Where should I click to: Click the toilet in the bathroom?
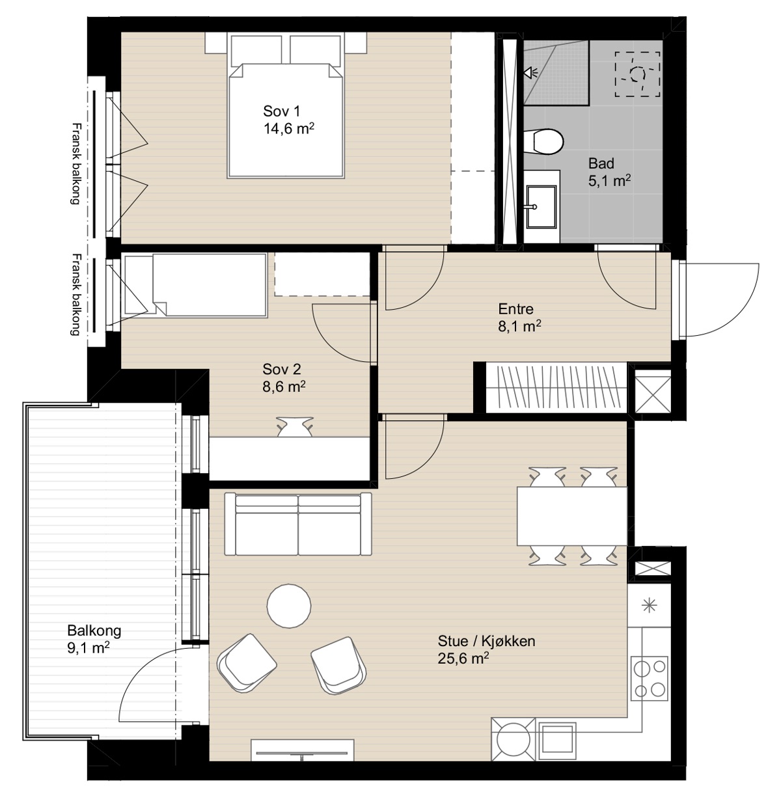point(543,142)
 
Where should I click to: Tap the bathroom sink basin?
point(541,206)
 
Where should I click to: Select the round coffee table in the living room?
point(288,606)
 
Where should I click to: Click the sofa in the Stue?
point(297,524)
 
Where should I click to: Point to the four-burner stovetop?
point(650,678)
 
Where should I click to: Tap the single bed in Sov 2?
point(195,285)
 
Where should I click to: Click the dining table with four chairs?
point(572,516)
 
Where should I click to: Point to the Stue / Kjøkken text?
point(486,641)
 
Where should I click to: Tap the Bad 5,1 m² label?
point(609,172)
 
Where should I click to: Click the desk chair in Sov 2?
point(295,426)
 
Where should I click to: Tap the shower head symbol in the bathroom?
point(530,74)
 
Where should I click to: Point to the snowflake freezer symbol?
point(649,606)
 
